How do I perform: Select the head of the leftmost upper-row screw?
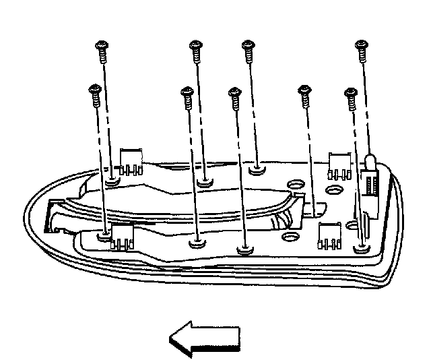point(101,46)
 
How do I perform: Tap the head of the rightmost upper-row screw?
point(362,46)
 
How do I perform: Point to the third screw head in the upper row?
point(247,46)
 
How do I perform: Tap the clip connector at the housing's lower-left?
point(121,237)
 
